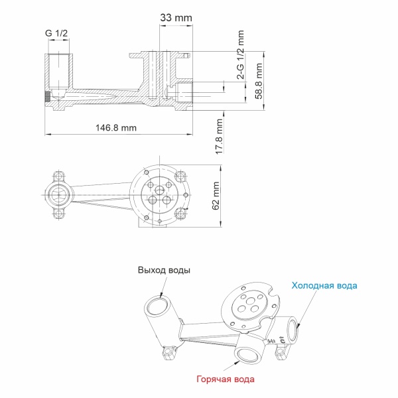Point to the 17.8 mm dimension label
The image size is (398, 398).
click(219, 137)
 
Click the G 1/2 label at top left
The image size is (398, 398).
click(56, 33)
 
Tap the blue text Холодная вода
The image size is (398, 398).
click(324, 285)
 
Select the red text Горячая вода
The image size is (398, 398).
click(225, 379)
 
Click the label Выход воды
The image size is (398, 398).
click(164, 270)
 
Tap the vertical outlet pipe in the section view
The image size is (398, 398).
click(60, 75)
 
